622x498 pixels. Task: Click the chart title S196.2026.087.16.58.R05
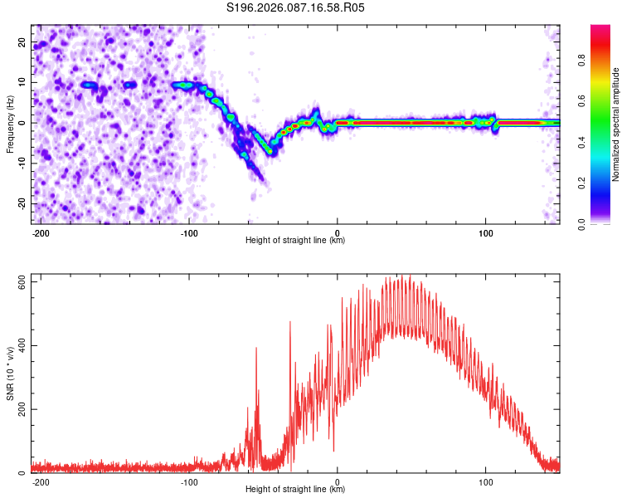pos(295,7)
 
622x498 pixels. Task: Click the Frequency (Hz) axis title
pos(10,124)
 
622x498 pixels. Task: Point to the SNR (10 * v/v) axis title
pos(10,373)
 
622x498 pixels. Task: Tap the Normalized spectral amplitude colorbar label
pos(615,124)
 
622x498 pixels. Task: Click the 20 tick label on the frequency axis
pos(22,42)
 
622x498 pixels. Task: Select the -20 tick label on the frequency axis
pos(22,204)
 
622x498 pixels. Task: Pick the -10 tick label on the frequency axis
pos(22,164)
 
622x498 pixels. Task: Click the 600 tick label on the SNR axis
pos(22,282)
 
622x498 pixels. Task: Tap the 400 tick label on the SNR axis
pos(22,345)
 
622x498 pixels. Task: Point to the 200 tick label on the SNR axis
pos(22,409)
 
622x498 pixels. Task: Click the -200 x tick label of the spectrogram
pos(41,233)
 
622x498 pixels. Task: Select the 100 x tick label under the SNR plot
pos(485,482)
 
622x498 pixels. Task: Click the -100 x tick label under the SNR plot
pos(189,482)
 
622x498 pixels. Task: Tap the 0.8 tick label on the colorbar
pos(581,61)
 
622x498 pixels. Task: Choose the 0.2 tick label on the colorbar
pos(581,183)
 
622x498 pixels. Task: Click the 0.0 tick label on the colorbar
pos(581,224)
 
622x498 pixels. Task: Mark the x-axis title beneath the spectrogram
pos(295,240)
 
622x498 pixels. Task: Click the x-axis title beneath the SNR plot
pos(295,489)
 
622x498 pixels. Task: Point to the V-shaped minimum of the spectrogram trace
pos(270,151)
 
